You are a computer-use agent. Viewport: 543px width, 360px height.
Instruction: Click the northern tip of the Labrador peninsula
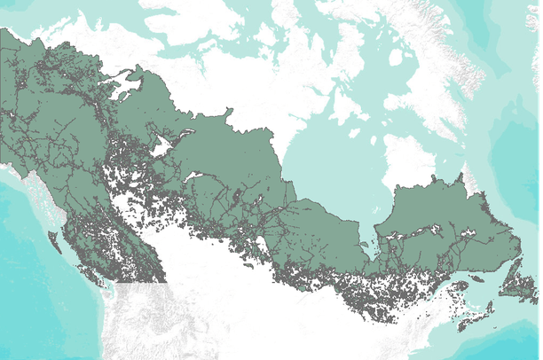(x=462, y=168)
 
